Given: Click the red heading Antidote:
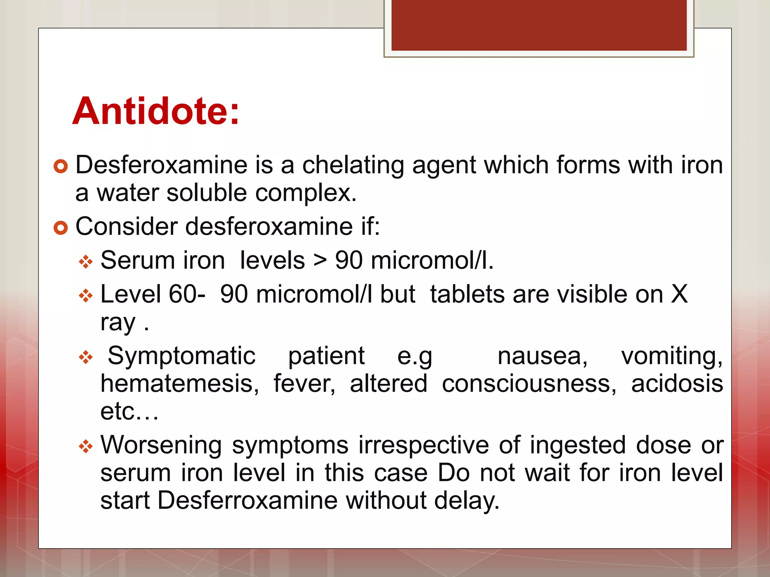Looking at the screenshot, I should tap(156, 112).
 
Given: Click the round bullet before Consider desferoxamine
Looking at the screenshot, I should tap(60, 227).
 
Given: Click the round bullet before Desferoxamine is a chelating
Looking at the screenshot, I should tap(60, 166).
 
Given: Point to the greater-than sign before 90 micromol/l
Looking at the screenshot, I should tap(320, 261).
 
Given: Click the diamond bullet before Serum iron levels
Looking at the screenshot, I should tap(86, 261).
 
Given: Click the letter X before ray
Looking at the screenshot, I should tap(679, 294).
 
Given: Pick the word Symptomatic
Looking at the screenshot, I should tap(182, 356).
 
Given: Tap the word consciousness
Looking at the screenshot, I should tap(529, 384).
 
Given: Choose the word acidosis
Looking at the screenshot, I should tap(677, 384).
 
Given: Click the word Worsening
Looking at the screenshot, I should tap(161, 445).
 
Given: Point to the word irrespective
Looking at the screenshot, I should tap(423, 445).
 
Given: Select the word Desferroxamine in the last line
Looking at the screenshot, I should tap(247, 501).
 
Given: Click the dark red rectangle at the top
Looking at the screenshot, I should tap(539, 25).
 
